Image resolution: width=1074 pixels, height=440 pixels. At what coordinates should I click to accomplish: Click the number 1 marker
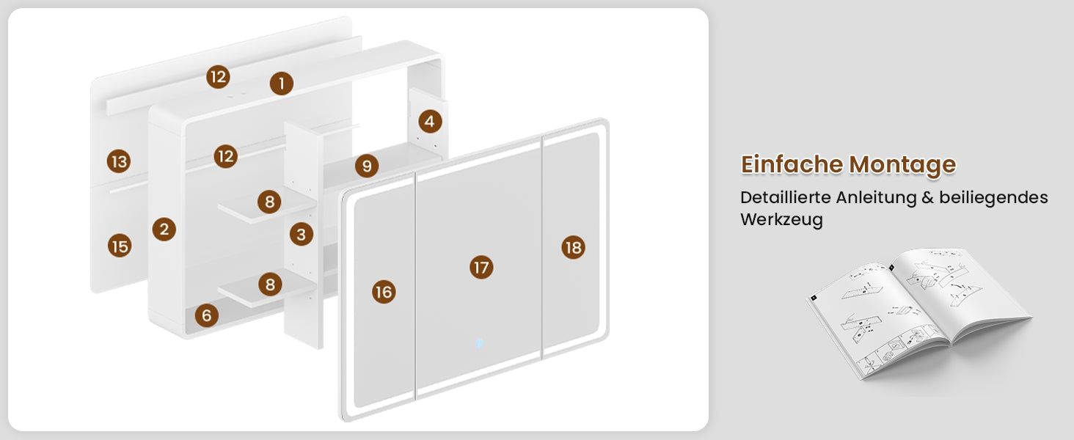point(282,84)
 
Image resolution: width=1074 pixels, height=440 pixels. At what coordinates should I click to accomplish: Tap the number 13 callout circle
point(119,161)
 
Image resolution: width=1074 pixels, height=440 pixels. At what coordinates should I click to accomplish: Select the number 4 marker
point(430,122)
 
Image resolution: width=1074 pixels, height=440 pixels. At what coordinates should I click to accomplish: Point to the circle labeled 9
point(367,166)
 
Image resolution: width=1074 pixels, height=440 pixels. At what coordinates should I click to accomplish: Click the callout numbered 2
point(164,229)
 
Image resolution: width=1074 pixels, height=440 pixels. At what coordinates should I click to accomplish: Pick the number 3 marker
point(301,235)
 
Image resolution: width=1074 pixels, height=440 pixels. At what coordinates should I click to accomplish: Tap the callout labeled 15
point(120,246)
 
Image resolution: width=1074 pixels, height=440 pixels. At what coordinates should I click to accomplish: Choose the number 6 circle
point(207,315)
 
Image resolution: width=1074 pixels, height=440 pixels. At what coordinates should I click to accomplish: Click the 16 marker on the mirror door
point(384,292)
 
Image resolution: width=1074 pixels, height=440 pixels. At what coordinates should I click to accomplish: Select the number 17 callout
point(481,267)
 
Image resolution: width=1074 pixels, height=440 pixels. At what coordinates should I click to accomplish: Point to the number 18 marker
point(574,247)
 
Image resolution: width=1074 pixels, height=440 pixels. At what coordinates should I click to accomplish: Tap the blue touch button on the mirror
point(479,342)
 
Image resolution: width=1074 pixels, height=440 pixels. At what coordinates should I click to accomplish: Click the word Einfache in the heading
point(791,164)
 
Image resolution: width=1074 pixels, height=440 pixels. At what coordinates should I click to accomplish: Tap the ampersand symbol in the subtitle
point(927,197)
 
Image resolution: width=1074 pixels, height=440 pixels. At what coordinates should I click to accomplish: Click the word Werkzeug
point(781,220)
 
